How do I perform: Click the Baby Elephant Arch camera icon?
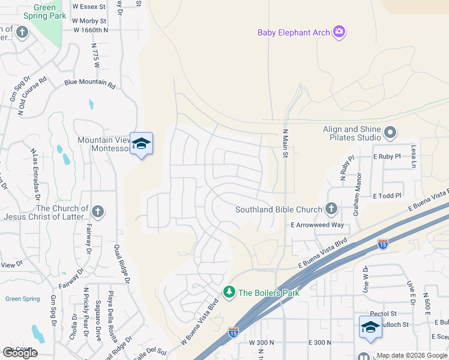(339, 32)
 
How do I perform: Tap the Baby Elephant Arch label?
(294, 32)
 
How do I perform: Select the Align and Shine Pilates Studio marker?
(391, 131)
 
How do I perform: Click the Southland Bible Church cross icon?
(330, 209)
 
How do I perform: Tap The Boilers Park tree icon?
(229, 292)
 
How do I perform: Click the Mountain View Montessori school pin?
(141, 144)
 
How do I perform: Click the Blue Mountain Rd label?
(89, 85)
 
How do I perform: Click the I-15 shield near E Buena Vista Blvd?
(383, 244)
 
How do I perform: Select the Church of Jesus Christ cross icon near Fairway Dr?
(98, 212)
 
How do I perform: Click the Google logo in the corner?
(20, 353)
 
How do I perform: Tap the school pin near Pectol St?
(370, 326)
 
